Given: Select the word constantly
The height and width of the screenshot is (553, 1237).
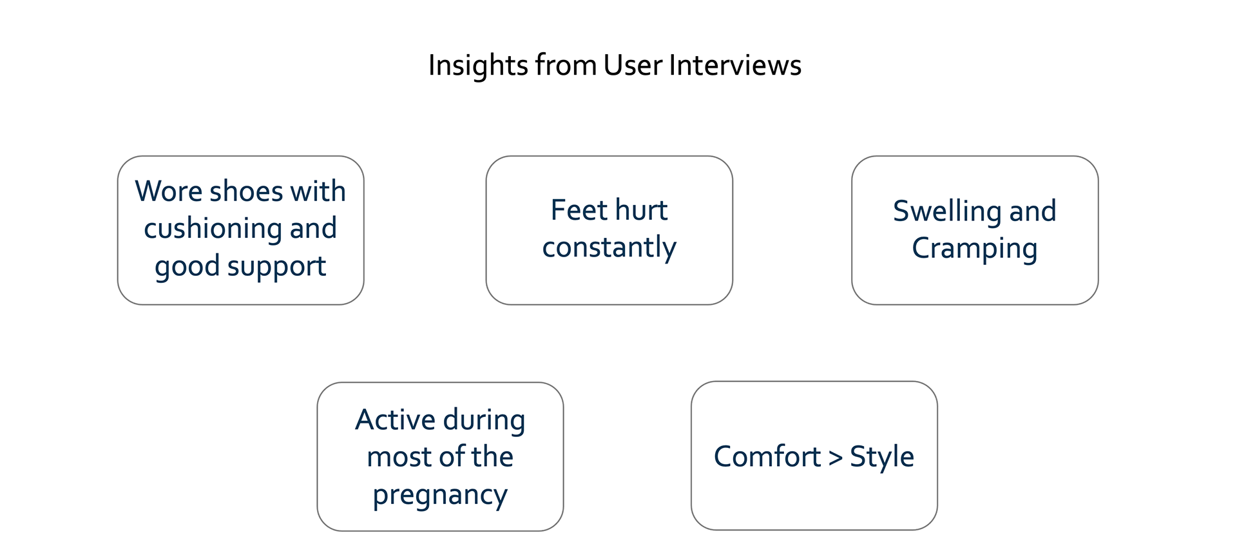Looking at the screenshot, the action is [x=609, y=248].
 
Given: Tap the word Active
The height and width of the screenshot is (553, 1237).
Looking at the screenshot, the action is [x=396, y=420].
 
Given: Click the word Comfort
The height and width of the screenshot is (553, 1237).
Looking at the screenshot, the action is [x=767, y=457].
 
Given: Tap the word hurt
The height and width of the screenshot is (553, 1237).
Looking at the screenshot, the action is [x=641, y=210].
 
